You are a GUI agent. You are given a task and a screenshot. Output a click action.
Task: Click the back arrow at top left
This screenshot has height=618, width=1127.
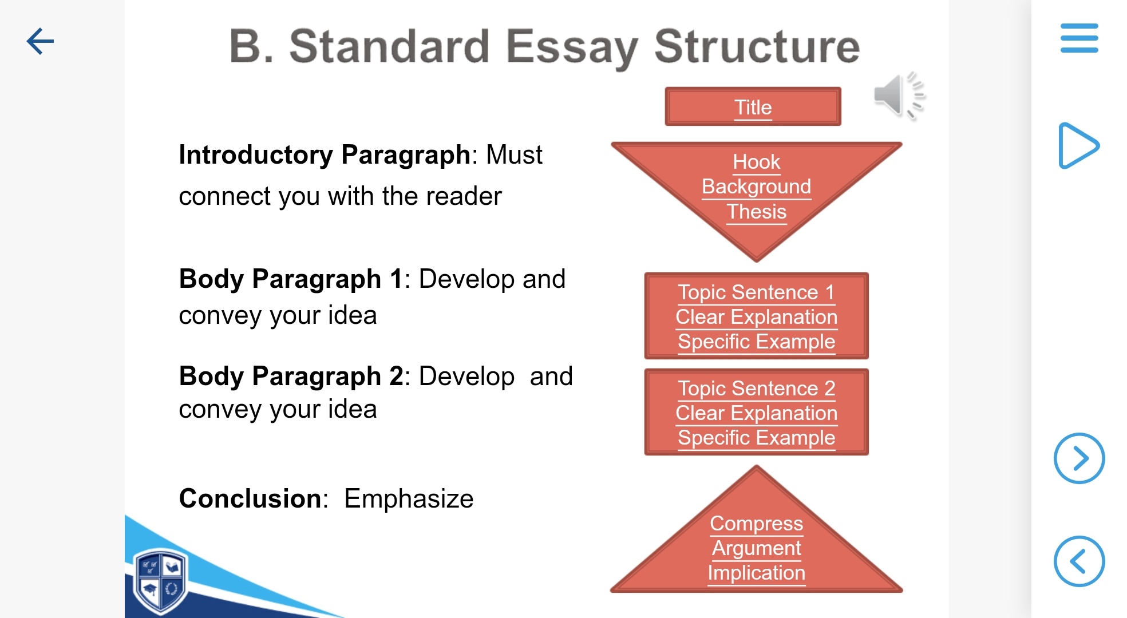40,41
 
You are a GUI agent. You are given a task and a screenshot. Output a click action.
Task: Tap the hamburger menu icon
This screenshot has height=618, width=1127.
1079,38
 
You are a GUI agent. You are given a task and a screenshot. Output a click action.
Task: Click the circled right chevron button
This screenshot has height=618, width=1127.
1079,458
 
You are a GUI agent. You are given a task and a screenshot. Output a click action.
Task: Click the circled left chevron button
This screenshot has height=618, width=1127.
1079,561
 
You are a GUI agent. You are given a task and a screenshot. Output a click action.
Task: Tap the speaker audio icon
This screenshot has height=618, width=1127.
899,96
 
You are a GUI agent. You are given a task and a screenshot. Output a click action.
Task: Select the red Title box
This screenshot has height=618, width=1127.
753,107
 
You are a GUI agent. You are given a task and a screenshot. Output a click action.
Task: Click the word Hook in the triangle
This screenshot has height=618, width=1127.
756,162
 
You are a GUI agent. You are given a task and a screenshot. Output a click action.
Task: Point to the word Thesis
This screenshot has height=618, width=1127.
756,212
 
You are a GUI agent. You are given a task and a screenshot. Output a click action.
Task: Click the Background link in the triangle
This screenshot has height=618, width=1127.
756,187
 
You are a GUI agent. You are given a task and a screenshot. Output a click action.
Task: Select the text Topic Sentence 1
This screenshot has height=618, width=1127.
756,292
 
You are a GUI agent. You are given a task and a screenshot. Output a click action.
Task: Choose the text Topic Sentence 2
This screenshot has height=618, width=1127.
756,389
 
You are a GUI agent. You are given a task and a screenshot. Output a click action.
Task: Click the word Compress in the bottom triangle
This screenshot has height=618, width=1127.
756,524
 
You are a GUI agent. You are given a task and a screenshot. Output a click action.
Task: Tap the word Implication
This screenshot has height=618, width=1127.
756,573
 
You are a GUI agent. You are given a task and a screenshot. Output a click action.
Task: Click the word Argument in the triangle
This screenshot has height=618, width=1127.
756,548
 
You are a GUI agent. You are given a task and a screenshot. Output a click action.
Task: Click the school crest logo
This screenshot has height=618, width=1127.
160,581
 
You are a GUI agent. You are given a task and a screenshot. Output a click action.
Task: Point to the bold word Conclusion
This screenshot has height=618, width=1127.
250,498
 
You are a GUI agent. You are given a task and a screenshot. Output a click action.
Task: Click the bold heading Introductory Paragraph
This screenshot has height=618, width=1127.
325,154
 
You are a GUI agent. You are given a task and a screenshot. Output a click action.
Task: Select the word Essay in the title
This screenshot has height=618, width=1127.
571,47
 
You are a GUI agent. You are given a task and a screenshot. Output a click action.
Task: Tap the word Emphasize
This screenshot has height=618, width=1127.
409,498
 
